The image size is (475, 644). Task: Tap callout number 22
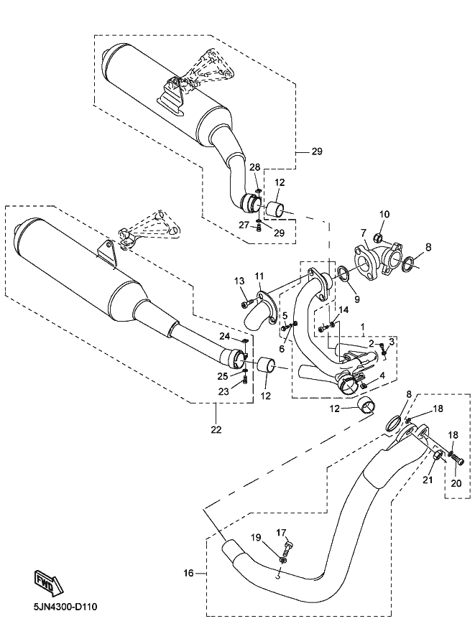pos(216,429)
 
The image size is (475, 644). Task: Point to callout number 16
pos(188,573)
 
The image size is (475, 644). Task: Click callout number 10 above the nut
pos(384,214)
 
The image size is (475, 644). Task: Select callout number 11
pos(259,276)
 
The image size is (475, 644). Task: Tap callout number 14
pos(343,309)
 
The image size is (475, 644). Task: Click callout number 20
pos(456,483)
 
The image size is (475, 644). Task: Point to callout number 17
pos(282,532)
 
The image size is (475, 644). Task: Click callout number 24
pos(224,335)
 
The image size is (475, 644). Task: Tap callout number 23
pos(224,391)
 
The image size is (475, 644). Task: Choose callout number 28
pos(254,167)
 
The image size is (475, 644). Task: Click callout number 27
pos(244,225)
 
